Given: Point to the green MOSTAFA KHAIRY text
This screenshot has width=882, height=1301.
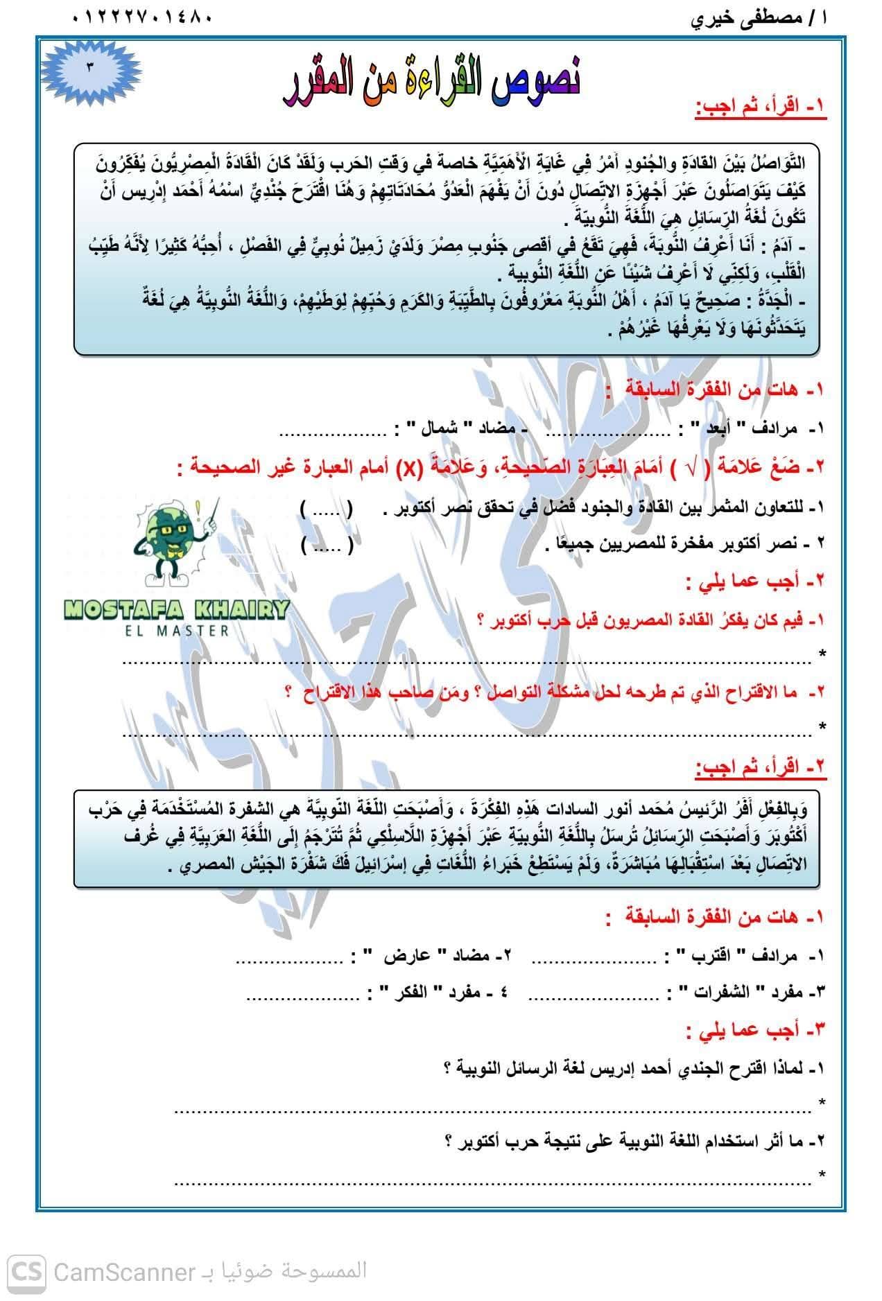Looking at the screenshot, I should tap(176, 611).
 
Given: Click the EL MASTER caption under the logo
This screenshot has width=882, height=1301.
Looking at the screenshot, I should tap(176, 631).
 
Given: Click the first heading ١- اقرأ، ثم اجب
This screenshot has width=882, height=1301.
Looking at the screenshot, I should tap(761, 109).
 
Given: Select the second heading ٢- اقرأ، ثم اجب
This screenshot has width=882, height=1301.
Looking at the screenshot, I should tap(761, 767).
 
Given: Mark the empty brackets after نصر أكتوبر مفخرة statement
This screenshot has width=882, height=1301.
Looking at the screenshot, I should tap(327, 545).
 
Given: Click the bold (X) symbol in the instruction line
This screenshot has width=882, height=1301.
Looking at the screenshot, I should tap(410, 468).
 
